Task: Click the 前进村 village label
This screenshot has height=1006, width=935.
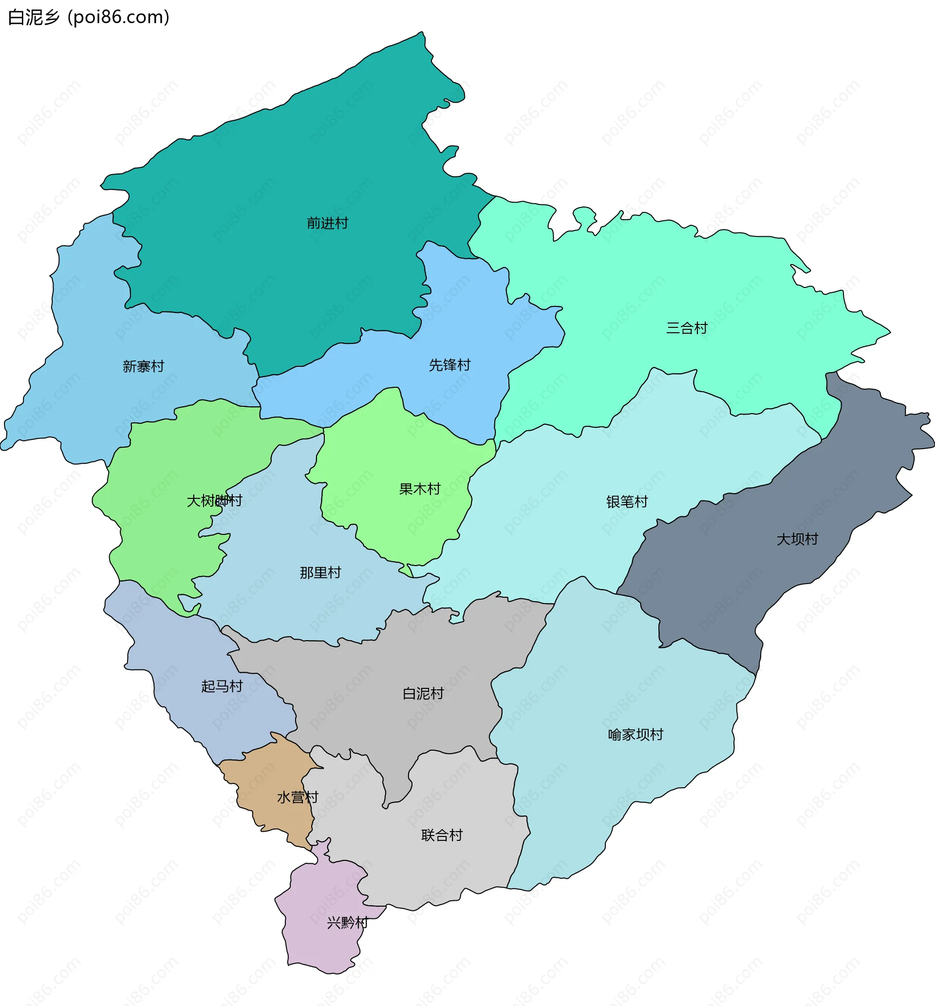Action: tap(327, 223)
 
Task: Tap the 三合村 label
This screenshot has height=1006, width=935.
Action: tap(687, 328)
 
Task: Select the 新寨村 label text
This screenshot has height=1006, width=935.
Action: tap(144, 366)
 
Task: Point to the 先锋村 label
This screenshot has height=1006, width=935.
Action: tap(450, 365)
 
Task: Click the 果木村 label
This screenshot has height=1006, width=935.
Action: tap(420, 489)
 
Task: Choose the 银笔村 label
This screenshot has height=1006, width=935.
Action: tap(627, 501)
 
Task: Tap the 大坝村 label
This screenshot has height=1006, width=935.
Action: tap(797, 539)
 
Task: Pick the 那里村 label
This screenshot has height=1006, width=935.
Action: tap(321, 572)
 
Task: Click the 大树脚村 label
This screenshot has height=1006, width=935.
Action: tap(215, 500)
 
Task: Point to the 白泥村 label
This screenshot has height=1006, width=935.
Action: tap(424, 693)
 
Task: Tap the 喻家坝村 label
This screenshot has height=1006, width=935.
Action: tap(636, 734)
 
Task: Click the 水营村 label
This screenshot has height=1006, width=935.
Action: tap(298, 797)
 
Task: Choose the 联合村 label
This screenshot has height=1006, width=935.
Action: tap(442, 835)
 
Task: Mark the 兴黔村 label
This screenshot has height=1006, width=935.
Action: tap(347, 923)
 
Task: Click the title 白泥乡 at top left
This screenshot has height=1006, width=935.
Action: tap(34, 18)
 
